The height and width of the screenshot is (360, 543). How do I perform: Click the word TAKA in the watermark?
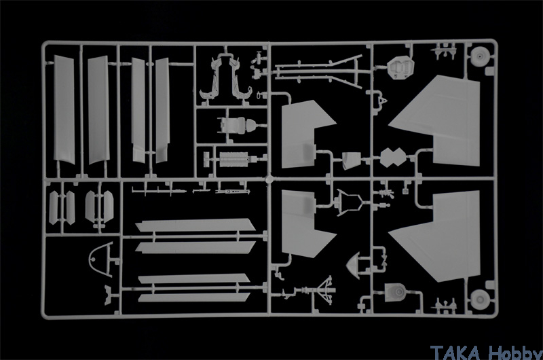coord(455,353)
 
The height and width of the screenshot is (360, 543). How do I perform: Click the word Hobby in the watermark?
coord(515,353)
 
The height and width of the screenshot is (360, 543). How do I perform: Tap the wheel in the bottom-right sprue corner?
coord(480,299)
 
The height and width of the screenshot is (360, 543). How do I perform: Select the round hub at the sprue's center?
coord(269,179)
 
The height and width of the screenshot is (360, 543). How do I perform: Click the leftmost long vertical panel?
coord(64,110)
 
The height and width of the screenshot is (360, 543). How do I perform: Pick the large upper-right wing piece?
coord(436,121)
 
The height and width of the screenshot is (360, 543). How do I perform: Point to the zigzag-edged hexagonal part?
coord(393,158)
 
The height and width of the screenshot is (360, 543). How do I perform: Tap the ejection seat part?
coord(237,124)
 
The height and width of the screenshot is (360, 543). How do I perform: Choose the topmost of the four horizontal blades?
coord(195,225)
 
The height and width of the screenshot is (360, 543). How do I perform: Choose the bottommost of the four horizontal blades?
coord(194,298)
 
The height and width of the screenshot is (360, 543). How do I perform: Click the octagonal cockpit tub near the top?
coord(400,67)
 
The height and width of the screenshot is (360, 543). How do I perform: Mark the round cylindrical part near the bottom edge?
coord(396,293)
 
